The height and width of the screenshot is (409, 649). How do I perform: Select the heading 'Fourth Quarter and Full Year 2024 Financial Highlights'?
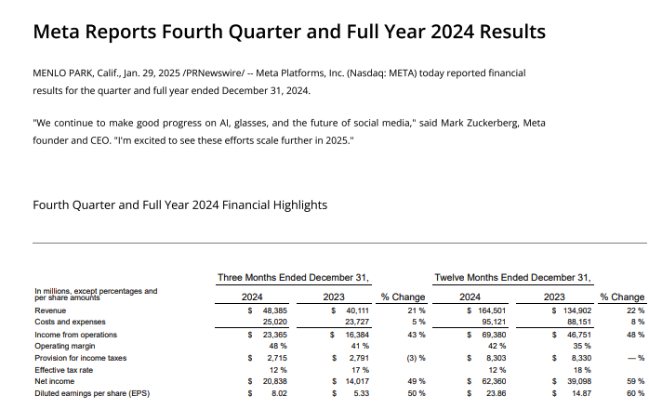pos(179,204)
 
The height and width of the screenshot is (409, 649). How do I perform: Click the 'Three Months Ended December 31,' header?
pos(294,277)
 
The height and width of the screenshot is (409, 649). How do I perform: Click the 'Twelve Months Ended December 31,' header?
pos(512,277)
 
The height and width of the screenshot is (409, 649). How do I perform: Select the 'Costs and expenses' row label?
pos(65,322)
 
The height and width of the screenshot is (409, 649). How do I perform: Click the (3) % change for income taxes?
pos(415,358)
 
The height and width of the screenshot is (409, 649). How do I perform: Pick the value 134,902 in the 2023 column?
pos(571,310)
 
